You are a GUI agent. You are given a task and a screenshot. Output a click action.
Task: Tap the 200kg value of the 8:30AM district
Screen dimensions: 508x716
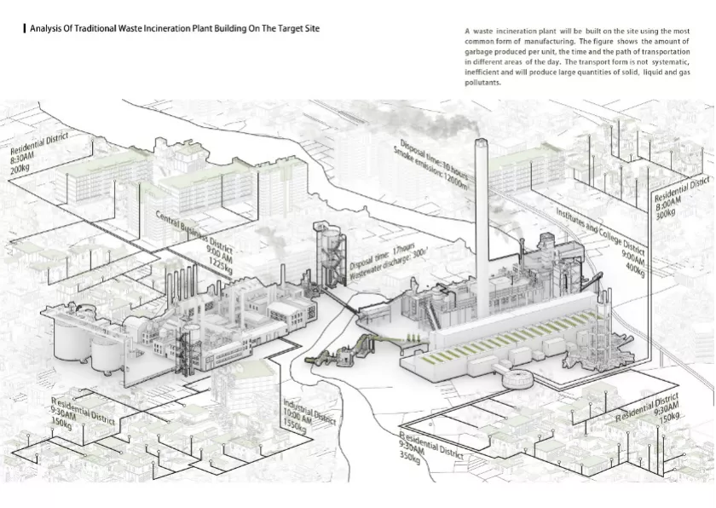point(20,170)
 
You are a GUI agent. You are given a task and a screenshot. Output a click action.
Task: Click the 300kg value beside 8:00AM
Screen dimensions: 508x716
point(664,213)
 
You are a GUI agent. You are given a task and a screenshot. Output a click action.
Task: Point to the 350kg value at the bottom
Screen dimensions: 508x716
point(410,457)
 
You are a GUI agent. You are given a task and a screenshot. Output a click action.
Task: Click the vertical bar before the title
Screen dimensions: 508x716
point(25,28)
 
